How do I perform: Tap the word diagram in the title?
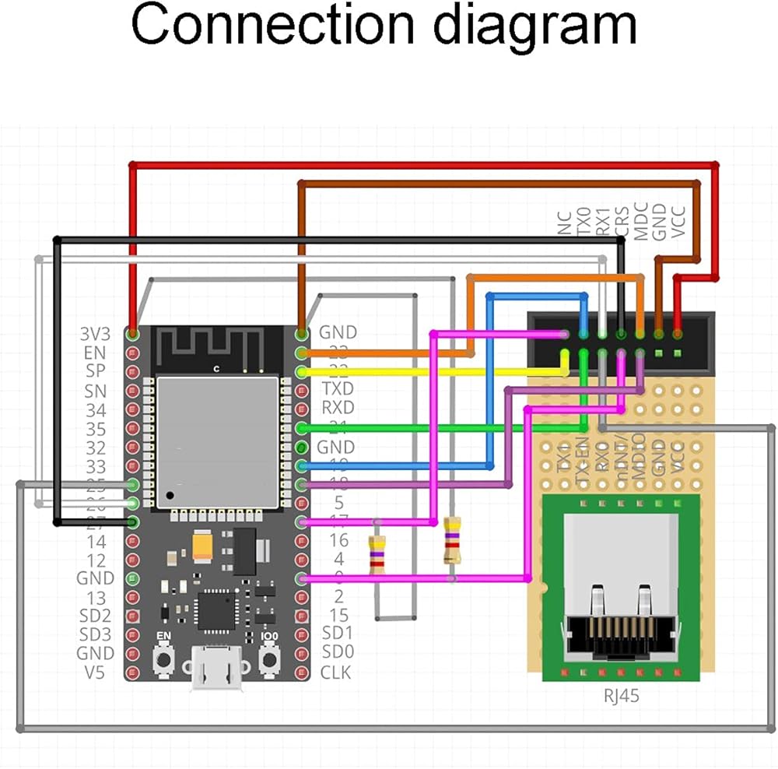[x=534, y=26]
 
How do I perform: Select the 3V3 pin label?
[x=95, y=333]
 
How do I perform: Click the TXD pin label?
[x=337, y=388]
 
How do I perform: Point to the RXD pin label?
[x=337, y=407]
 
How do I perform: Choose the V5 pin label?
[x=95, y=672]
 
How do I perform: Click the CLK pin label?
[x=336, y=672]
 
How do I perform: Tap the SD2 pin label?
[x=95, y=616]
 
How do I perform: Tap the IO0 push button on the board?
[x=270, y=659]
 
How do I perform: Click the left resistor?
[x=377, y=554]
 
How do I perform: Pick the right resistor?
[x=451, y=541]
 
